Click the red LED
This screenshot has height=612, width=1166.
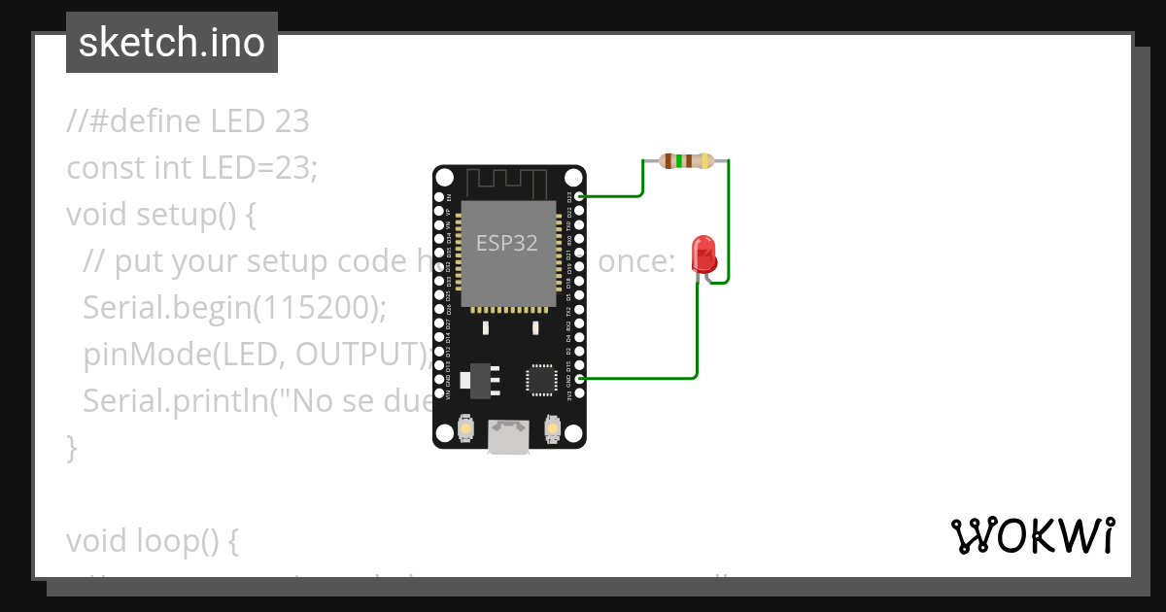(703, 255)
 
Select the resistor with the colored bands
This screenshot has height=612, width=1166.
(686, 161)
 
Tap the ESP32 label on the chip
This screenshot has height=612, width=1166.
(506, 243)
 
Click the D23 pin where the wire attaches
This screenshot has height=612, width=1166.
(580, 196)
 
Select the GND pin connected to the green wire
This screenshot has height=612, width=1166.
(580, 378)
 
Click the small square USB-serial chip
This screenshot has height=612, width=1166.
(541, 379)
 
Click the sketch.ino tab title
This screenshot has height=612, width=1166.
(172, 43)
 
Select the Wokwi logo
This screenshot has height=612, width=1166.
(1032, 535)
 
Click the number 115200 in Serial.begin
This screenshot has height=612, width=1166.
(315, 308)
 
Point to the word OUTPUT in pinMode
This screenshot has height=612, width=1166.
(359, 356)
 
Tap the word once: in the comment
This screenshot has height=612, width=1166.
(635, 261)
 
